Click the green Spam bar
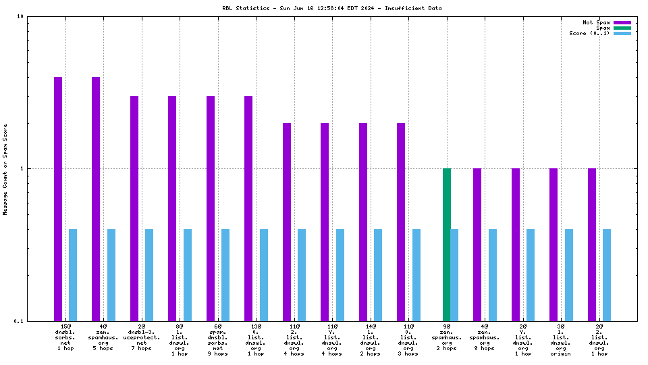click(x=447, y=244)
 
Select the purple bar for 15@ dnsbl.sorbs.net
click(x=58, y=199)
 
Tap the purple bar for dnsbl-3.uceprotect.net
click(x=134, y=208)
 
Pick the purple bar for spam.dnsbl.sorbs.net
click(x=211, y=208)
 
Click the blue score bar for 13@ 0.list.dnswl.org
click(x=264, y=274)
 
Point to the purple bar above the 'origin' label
click(x=553, y=244)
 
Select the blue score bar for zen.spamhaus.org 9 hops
click(x=493, y=274)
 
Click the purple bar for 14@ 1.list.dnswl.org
click(x=363, y=222)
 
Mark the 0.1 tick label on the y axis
click(x=20, y=321)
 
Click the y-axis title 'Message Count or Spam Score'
click(x=5, y=169)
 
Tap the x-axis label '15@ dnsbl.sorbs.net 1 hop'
click(x=65, y=337)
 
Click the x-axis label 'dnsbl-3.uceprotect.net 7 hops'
click(x=142, y=337)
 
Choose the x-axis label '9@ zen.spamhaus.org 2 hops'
click(x=447, y=337)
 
